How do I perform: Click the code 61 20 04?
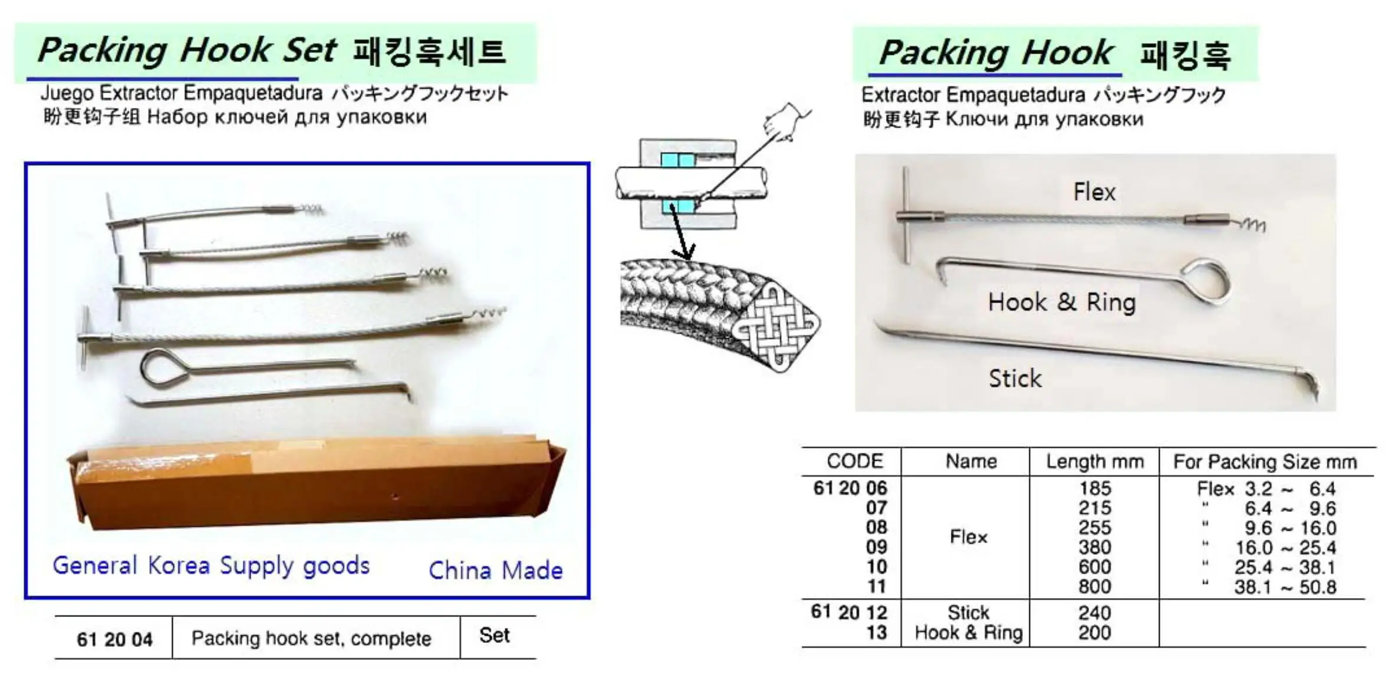[x=114, y=639]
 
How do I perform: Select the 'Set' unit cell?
[x=494, y=636]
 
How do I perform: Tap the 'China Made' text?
[x=495, y=570]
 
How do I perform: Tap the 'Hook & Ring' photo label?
[x=1061, y=303]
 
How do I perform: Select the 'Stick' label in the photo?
[x=1015, y=379]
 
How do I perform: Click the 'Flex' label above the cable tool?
[x=1094, y=192]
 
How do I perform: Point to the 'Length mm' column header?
[x=1095, y=462]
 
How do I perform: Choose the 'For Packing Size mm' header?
[x=1265, y=462]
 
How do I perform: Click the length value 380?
[x=1095, y=547]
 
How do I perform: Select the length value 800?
[x=1095, y=587]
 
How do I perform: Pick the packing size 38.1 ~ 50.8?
[x=1285, y=587]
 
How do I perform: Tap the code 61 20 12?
[x=849, y=612]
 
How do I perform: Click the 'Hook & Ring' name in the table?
[x=968, y=633]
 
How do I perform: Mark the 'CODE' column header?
[x=854, y=461]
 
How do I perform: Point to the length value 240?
[x=1095, y=613]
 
